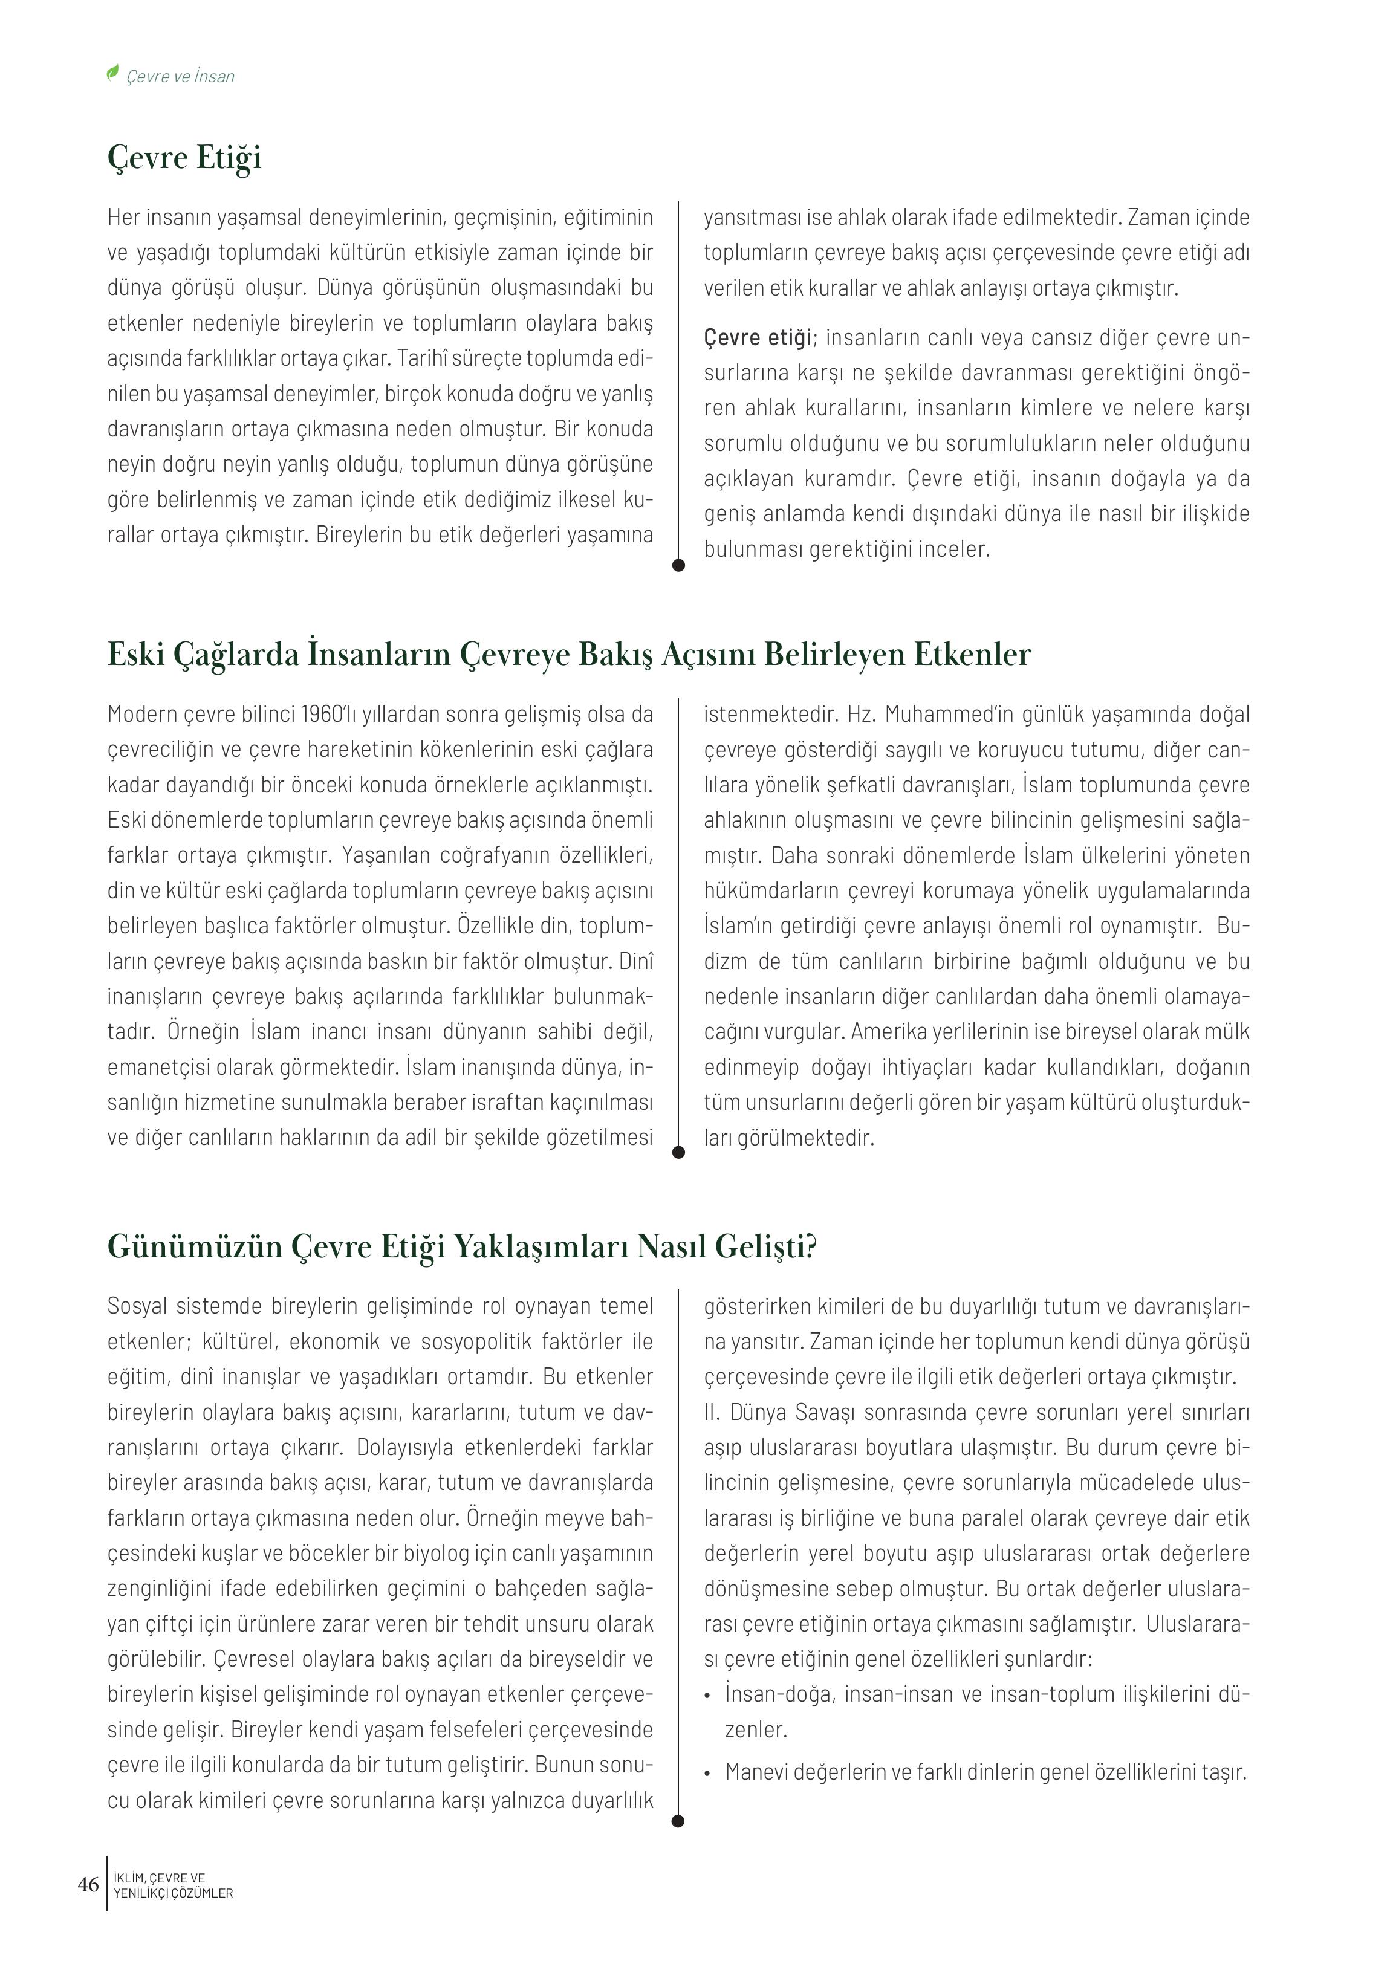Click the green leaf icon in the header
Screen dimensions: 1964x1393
click(x=111, y=74)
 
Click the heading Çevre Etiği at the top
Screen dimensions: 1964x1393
click(x=184, y=158)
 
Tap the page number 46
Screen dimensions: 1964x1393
click(x=88, y=1884)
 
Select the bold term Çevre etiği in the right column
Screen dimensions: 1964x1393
click(x=758, y=338)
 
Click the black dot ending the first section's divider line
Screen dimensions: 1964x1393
click(x=678, y=565)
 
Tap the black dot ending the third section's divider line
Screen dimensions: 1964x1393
click(x=678, y=1821)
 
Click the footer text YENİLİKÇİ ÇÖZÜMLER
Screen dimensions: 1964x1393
click(x=174, y=1893)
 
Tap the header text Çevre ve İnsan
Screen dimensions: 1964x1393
click(x=180, y=76)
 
